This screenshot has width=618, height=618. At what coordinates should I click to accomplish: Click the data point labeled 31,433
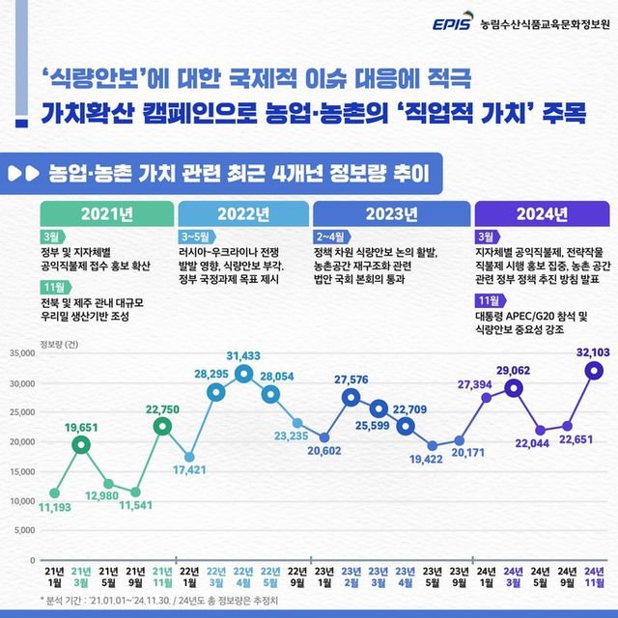(x=243, y=374)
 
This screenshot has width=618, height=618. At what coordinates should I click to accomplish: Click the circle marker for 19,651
(x=81, y=444)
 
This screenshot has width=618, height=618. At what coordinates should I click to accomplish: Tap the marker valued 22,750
(x=163, y=426)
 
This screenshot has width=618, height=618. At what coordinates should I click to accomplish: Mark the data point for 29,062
(x=514, y=388)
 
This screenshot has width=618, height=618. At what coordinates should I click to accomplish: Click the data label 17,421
(x=189, y=470)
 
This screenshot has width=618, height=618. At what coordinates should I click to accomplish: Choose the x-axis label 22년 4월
(x=243, y=579)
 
